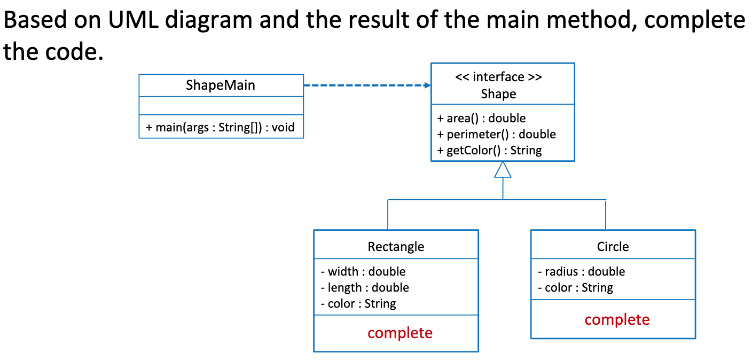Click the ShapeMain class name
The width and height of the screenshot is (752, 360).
221,85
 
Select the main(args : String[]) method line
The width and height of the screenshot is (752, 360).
220,128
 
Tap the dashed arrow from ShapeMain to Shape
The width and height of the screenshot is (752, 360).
366,85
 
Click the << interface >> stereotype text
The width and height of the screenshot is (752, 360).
498,77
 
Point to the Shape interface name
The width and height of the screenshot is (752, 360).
498,94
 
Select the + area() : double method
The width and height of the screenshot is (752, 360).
481,119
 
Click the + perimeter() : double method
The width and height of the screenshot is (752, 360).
496,135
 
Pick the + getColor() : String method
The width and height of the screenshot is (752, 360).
489,151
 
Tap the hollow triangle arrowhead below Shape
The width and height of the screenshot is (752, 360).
503,169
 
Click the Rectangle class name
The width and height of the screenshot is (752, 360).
396,247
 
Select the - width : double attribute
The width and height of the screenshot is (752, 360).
363,272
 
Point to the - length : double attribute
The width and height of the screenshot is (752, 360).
365,288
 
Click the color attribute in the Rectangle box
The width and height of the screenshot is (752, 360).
358,304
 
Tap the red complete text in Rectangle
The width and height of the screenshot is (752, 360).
400,333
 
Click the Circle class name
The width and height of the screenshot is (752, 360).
613,247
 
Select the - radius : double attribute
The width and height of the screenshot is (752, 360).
581,272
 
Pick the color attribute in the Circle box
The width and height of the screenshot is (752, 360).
575,288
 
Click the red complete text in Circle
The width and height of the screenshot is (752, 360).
617,319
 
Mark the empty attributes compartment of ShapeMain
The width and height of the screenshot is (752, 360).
221,106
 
